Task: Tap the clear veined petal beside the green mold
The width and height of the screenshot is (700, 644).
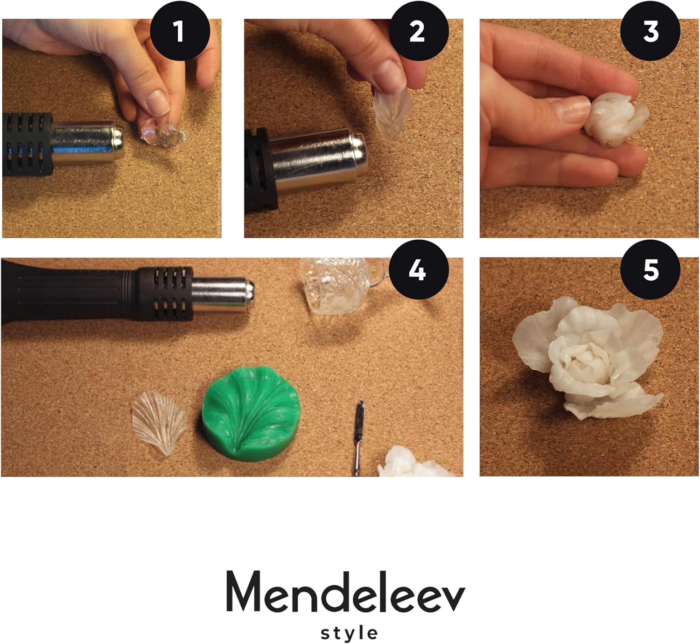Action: [159, 422]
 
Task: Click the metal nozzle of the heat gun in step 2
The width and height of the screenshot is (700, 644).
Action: [317, 161]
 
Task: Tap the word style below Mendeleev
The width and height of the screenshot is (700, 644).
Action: [349, 633]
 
